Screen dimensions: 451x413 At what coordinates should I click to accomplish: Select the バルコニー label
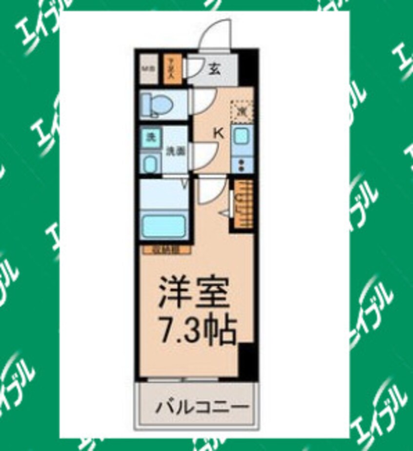(x=203, y=406)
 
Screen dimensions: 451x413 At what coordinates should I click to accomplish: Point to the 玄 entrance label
(x=214, y=69)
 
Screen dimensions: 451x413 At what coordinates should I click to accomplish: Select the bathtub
(x=165, y=225)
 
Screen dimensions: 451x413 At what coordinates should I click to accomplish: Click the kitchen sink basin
(x=241, y=135)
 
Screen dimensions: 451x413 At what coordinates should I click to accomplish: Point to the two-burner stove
(x=241, y=164)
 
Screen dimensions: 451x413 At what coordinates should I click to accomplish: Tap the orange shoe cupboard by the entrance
(x=172, y=69)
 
